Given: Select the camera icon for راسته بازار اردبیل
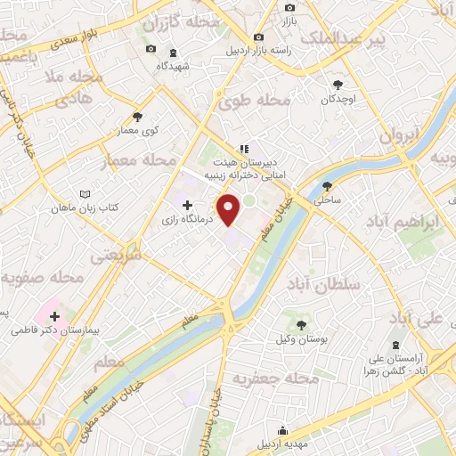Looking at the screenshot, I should tap(258, 37).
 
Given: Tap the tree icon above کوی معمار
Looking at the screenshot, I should tap(137, 116).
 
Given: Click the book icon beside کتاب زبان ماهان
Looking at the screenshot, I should tap(85, 193).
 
